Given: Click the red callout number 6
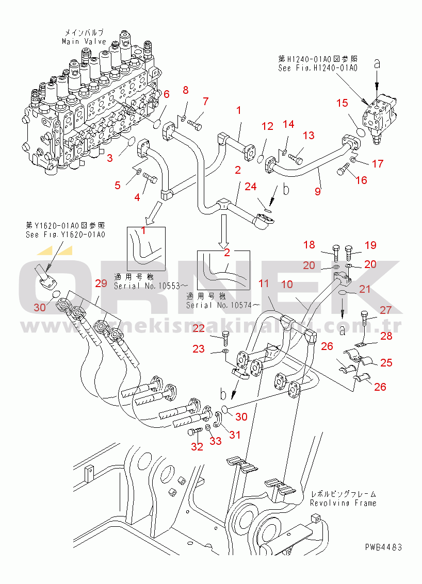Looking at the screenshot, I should [x=167, y=94].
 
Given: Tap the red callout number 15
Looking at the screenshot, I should [x=343, y=103].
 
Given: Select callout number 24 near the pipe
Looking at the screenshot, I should [x=251, y=187].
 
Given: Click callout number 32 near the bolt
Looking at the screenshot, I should [x=197, y=446].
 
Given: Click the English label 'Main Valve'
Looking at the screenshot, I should [x=84, y=41].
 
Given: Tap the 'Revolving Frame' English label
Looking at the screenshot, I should [x=343, y=503].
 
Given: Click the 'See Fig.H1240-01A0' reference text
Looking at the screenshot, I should [x=318, y=68].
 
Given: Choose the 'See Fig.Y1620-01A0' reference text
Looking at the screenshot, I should [x=65, y=235].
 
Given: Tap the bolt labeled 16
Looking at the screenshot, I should [x=345, y=170].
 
